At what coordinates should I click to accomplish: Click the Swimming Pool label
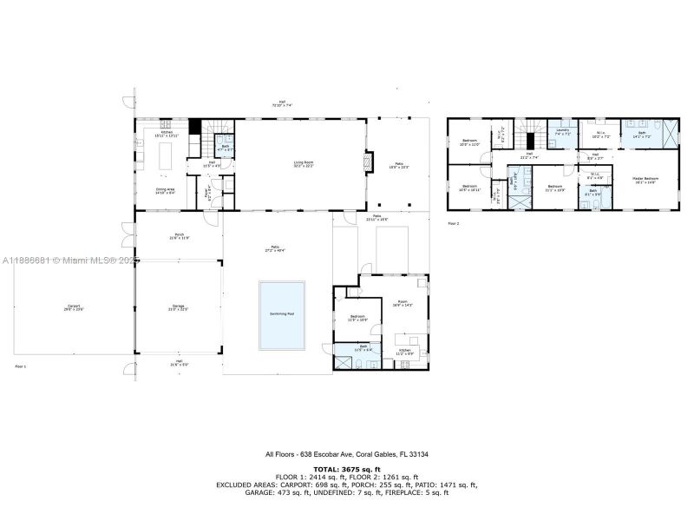tap(281, 313)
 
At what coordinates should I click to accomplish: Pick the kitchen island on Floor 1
tap(165, 159)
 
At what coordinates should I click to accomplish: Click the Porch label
tap(179, 234)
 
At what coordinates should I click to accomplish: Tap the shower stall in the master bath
tap(670, 134)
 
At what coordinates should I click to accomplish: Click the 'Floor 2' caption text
tap(453, 223)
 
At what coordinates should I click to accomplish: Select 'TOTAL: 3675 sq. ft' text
tap(346, 469)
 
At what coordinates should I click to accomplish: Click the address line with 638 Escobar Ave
tap(346, 454)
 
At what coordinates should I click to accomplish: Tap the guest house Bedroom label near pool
tap(359, 318)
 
